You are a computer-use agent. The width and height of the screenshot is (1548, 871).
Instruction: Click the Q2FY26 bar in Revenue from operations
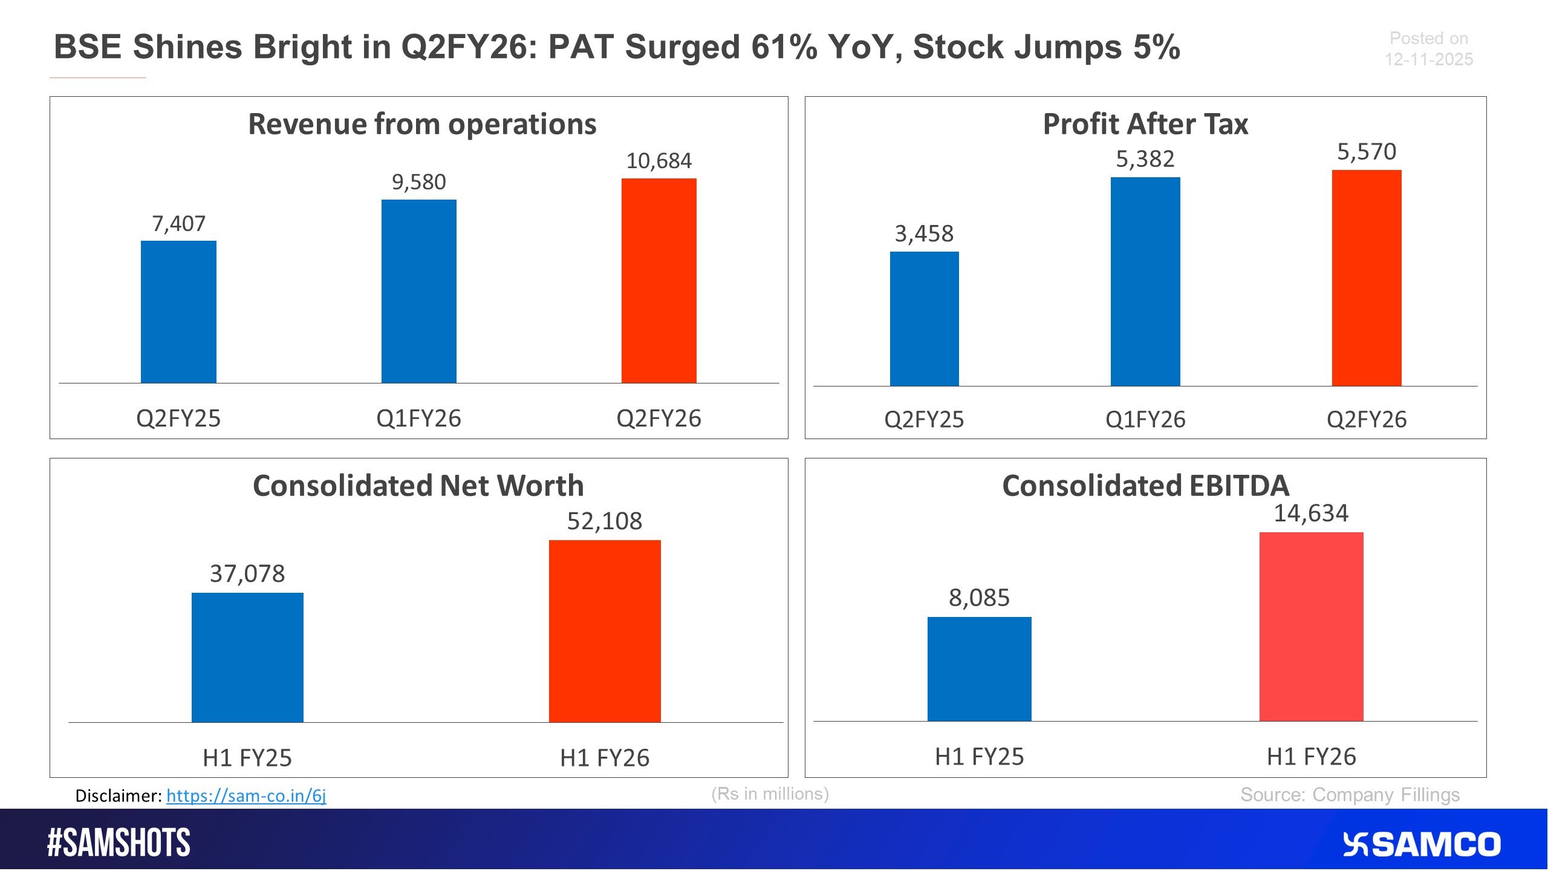659,281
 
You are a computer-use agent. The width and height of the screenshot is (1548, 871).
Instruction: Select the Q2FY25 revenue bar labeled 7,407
178,312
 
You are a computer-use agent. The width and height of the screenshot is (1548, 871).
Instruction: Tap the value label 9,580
418,182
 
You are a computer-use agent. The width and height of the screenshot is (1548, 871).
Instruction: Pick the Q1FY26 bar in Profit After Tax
1145,282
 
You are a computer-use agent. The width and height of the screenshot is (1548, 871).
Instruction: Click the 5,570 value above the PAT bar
1366,152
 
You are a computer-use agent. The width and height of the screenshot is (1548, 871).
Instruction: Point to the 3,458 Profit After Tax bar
924,319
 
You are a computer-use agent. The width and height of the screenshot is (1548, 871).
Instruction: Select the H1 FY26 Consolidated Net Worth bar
605,631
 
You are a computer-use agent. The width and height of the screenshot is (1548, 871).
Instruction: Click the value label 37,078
247,573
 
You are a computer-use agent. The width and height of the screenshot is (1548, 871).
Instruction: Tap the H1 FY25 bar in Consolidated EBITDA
979,669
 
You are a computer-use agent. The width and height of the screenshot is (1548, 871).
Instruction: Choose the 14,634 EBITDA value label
1311,514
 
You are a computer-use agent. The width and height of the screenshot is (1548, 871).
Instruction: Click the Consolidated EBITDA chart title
1145,486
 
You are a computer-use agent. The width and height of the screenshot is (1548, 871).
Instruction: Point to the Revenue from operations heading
422,124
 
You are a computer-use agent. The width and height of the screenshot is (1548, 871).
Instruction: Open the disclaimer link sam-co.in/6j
246,795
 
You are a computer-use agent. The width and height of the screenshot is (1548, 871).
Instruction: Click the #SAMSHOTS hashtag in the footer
119,843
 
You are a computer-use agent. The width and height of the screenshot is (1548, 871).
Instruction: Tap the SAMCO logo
1421,844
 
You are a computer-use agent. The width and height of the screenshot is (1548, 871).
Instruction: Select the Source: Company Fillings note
1350,795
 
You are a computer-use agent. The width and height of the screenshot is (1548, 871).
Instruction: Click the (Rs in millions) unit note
770,794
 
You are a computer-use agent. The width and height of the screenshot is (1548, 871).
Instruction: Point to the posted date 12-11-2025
1428,59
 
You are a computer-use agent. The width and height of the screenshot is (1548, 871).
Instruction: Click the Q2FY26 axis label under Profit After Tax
1366,420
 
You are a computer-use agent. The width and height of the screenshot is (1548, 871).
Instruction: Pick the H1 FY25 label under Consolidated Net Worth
247,758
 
